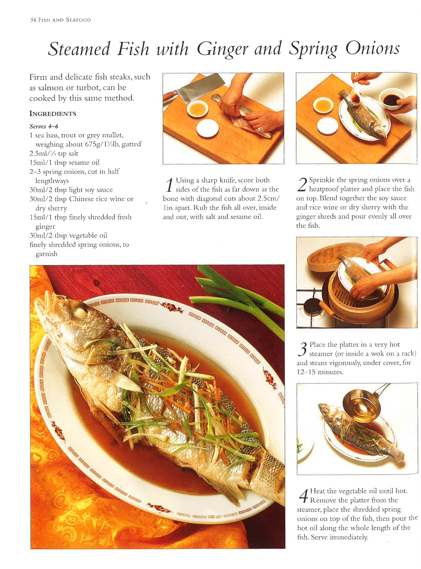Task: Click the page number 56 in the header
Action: [x=33, y=20]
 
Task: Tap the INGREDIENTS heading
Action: [x=53, y=114]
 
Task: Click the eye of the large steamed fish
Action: [x=81, y=311]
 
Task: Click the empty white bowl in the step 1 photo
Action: [x=208, y=128]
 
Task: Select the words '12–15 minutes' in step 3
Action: [x=320, y=372]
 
